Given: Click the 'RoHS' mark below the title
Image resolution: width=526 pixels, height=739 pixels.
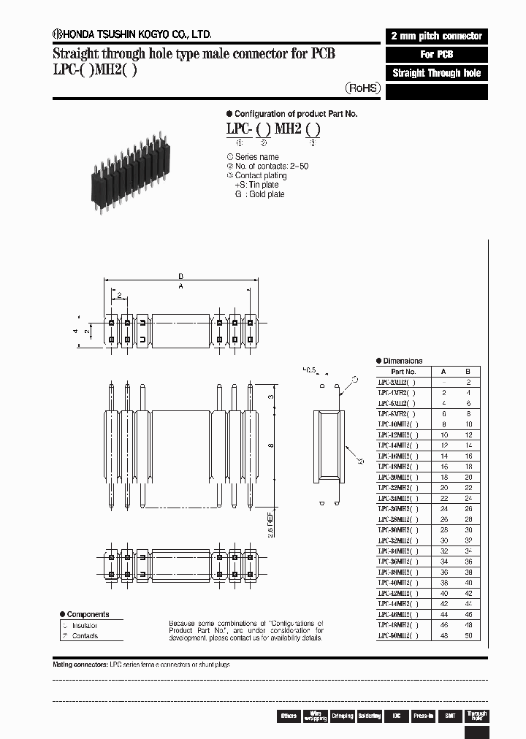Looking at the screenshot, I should coord(363,88).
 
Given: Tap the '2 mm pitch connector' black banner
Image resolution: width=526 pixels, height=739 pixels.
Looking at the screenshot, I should coord(436,36).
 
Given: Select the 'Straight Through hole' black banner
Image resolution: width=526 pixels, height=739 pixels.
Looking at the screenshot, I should coord(436,73).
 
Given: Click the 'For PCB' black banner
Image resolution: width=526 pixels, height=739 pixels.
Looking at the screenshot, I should coord(436,55).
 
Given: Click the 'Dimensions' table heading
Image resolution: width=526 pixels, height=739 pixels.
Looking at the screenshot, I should coord(403,361).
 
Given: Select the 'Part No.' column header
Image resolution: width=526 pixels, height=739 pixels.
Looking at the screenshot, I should coord(401,371).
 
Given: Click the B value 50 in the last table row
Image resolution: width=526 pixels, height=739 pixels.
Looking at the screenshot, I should coord(469,636).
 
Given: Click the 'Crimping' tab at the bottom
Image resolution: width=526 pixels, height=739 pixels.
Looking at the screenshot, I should coord(342,716).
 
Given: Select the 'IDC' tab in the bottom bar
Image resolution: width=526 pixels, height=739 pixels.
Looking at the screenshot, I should coord(395,716).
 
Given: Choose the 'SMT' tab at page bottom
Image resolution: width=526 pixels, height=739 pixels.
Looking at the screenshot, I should coord(450,716).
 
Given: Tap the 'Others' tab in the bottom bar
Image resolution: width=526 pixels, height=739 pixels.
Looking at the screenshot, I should coord(289,716).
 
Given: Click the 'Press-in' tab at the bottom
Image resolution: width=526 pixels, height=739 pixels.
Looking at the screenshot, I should coord(423,716).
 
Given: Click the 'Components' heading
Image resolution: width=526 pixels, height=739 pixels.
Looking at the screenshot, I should coord(88,614).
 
